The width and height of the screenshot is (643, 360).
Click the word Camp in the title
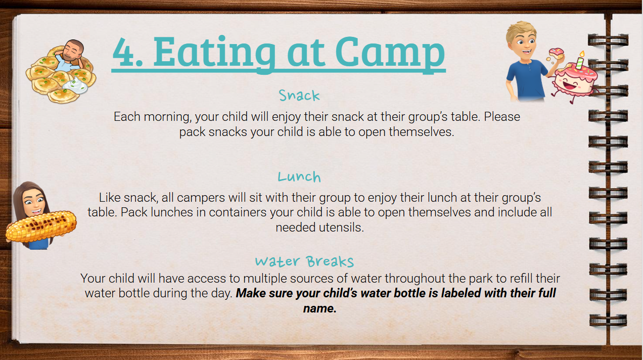click(390, 53)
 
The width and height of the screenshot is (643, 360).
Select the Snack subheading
click(299, 96)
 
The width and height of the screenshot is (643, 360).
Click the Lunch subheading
click(299, 176)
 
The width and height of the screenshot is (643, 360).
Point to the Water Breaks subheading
click(304, 261)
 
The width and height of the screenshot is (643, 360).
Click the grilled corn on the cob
click(41, 227)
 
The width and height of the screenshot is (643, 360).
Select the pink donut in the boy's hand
click(556, 54)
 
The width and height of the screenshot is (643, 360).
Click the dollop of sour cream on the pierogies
click(75, 85)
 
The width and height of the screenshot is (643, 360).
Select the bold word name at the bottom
click(320, 308)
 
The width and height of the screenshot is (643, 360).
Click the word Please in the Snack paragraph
click(502, 117)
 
